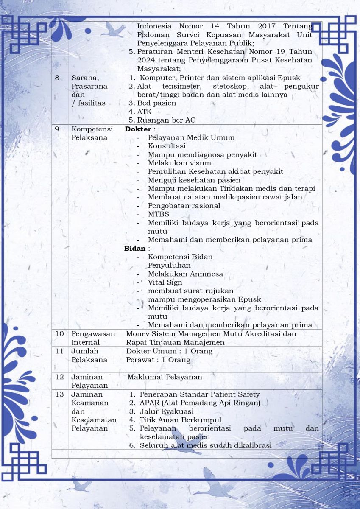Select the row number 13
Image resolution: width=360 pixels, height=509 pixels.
click(59, 394)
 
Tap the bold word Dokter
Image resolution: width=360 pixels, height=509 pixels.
click(138, 129)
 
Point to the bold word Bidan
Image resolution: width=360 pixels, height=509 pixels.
click(135, 248)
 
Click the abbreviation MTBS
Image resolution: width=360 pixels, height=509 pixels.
click(158, 214)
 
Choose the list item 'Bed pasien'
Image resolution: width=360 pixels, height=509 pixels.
click(156, 103)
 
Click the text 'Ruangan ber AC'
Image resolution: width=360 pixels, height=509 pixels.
click(166, 120)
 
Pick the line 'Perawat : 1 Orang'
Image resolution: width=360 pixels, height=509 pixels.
click(158, 360)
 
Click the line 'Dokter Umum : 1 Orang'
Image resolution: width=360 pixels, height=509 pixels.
click(169, 351)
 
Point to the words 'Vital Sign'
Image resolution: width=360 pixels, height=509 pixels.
click(165, 282)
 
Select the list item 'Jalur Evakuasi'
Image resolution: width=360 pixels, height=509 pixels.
click(167, 411)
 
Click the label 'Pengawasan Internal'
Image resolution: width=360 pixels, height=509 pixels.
click(93, 338)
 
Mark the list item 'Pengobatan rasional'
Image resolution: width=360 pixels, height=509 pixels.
click(184, 206)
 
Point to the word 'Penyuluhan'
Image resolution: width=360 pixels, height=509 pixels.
click(167, 265)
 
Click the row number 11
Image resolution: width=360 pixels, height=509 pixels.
click(59, 351)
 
